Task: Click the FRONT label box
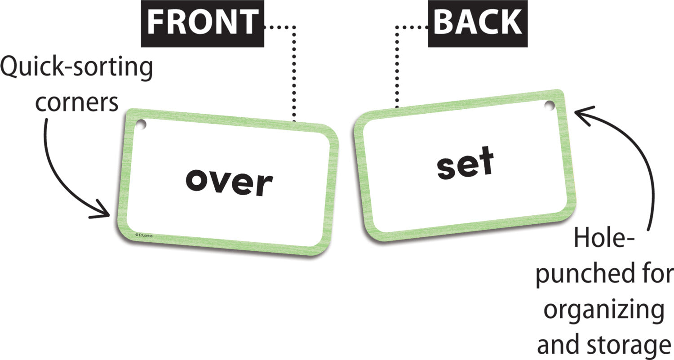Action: pos(202,23)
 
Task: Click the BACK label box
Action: pos(477,23)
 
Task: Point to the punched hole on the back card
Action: pos(549,106)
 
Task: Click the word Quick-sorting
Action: pos(77,69)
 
